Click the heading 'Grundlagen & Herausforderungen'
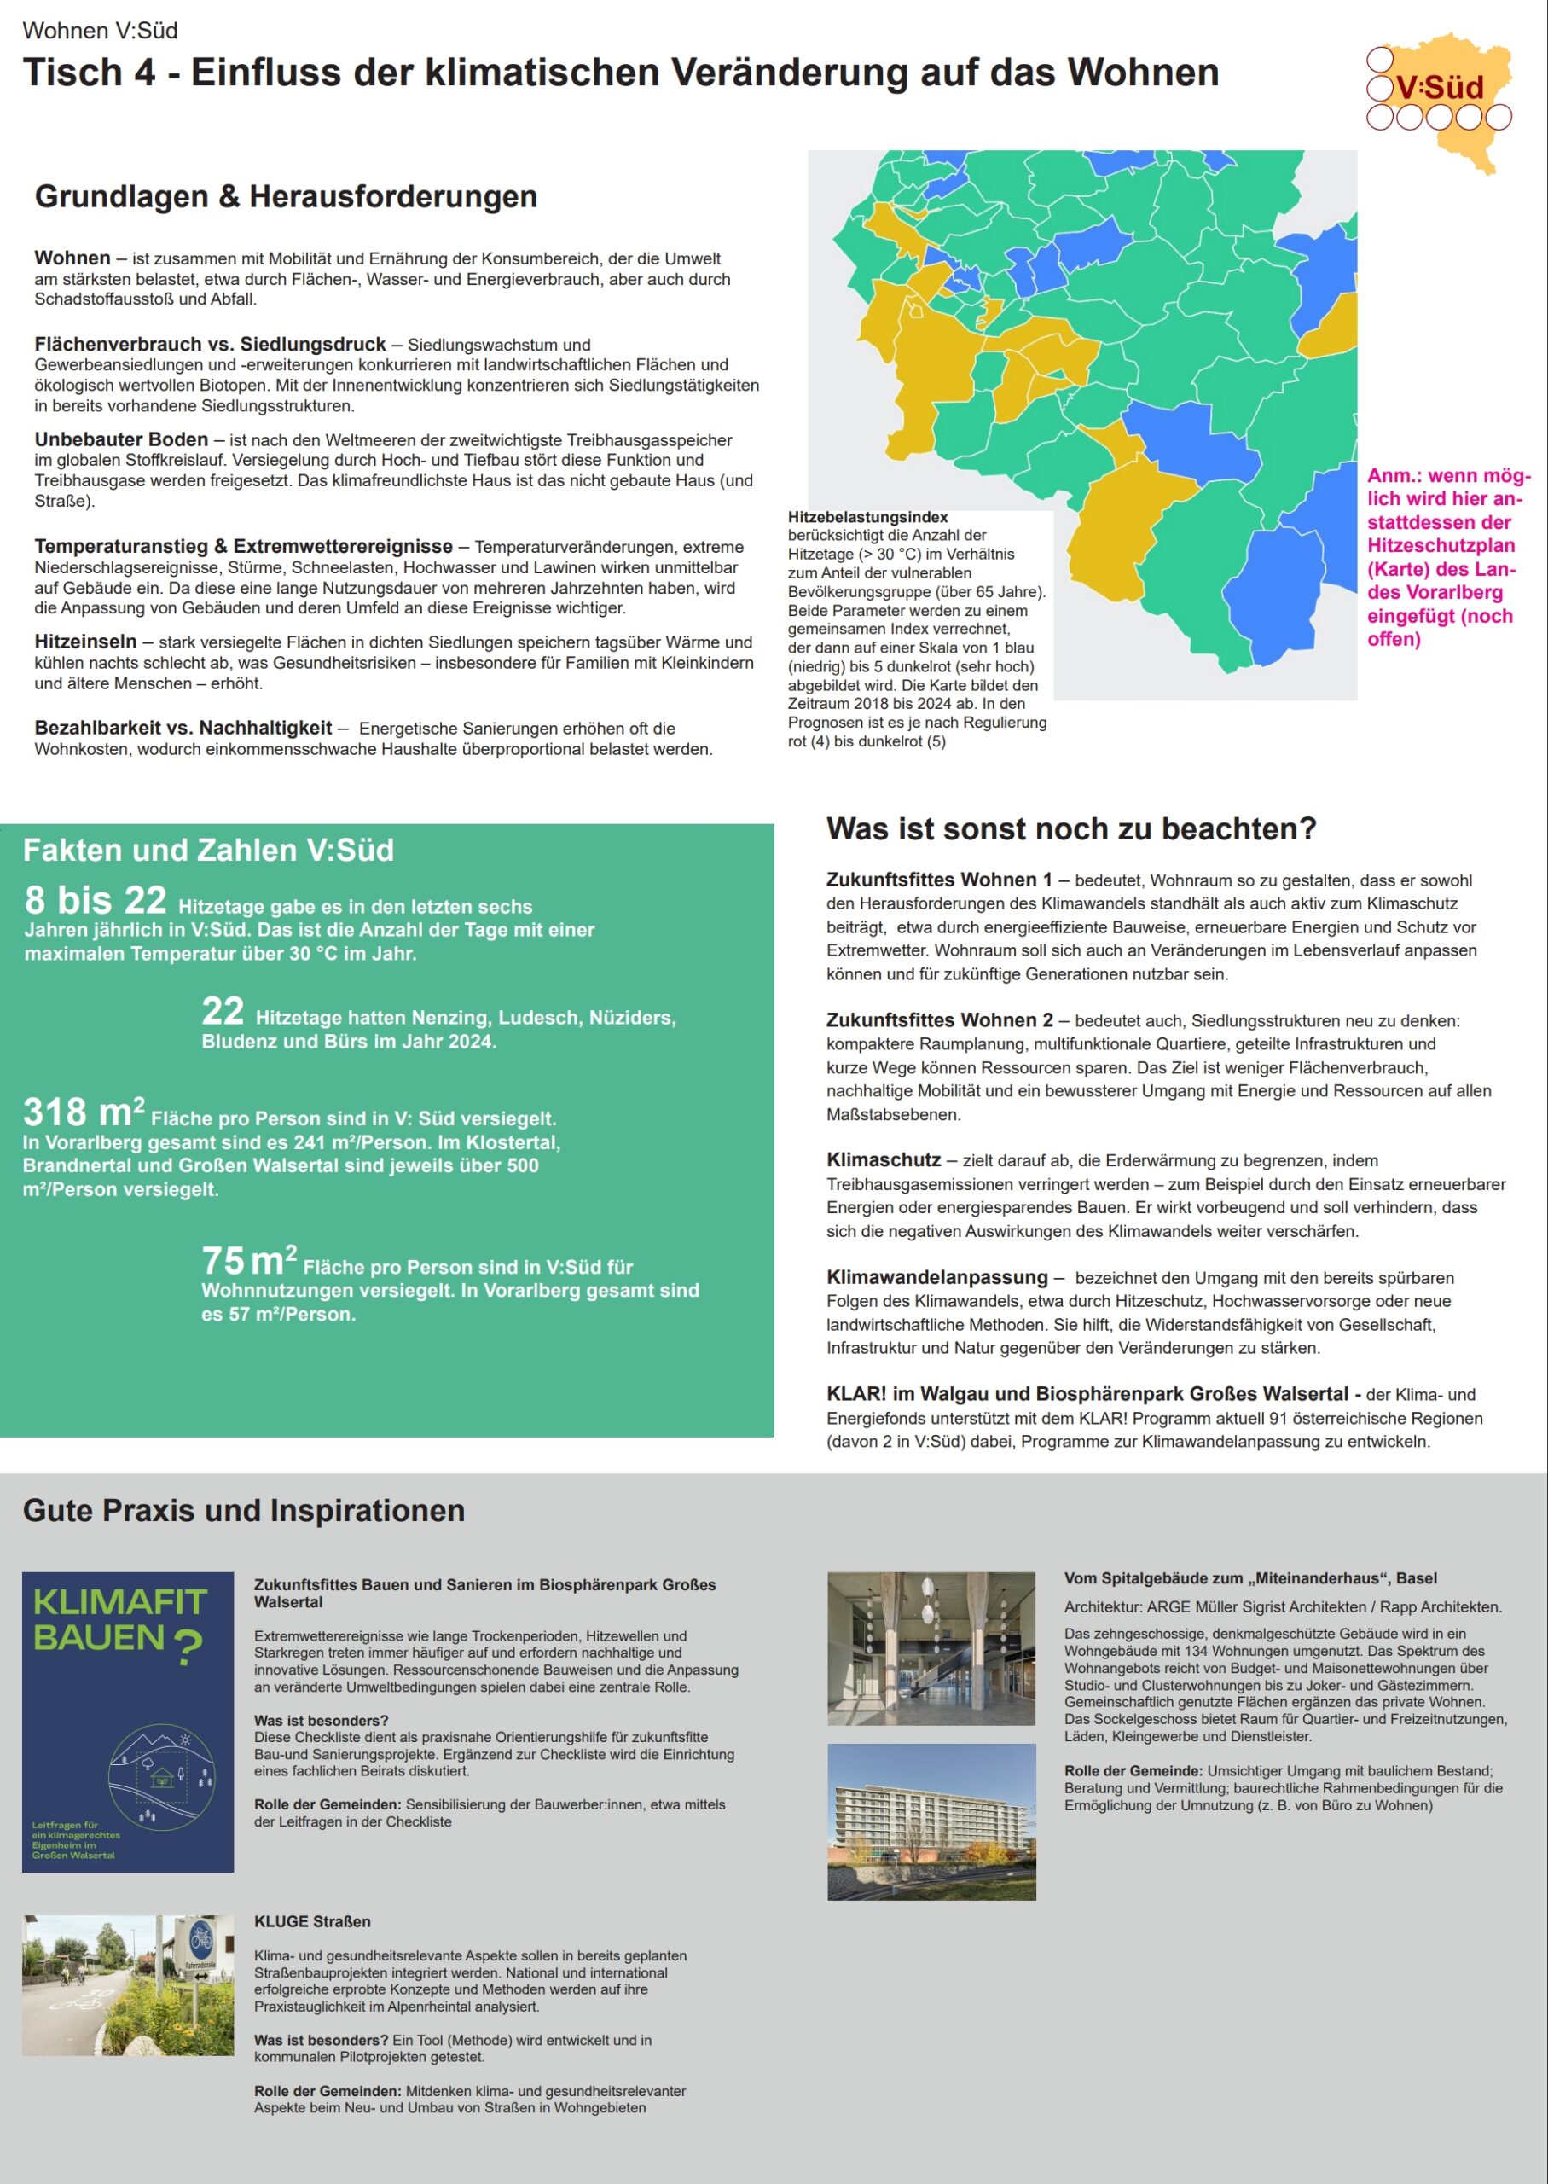click(286, 196)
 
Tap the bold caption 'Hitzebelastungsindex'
click(867, 517)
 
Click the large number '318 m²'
click(84, 1112)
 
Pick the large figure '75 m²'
click(249, 1260)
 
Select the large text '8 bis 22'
click(96, 900)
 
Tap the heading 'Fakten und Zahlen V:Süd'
click(208, 850)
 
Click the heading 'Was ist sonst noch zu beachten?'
click(1070, 828)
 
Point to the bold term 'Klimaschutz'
click(884, 1159)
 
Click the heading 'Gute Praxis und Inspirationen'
click(244, 1510)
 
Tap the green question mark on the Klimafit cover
click(188, 1647)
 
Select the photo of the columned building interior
click(931, 1648)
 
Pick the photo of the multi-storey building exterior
click(931, 1821)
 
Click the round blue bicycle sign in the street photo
click(201, 1937)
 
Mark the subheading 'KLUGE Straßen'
click(311, 1921)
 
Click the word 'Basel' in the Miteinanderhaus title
click(1417, 1577)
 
